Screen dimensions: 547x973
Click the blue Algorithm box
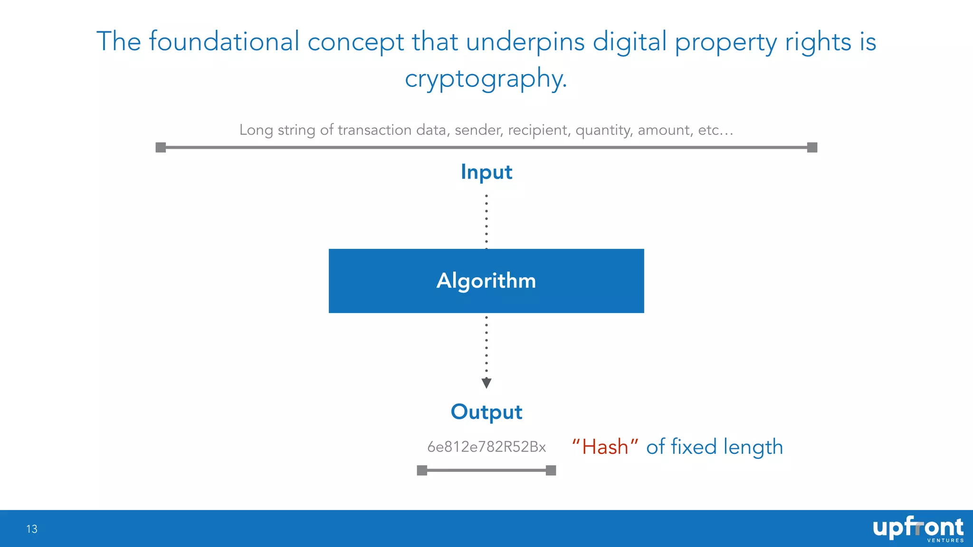486,281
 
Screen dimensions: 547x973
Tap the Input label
486,172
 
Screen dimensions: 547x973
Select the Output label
486,412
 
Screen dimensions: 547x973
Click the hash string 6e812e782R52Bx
486,447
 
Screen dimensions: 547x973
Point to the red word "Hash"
605,447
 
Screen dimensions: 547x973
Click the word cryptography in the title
485,78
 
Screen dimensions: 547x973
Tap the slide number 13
32,529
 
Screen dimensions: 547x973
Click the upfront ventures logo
917,528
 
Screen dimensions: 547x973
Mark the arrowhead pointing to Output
486,383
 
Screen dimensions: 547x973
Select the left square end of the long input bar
161,148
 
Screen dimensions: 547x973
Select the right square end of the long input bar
812,148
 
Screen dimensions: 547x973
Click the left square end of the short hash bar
422,471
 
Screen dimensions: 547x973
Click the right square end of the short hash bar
551,471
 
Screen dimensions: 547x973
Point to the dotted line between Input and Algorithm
486,221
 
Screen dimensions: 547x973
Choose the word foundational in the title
224,41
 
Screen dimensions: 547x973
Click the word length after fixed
753,447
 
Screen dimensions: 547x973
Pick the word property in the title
725,42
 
